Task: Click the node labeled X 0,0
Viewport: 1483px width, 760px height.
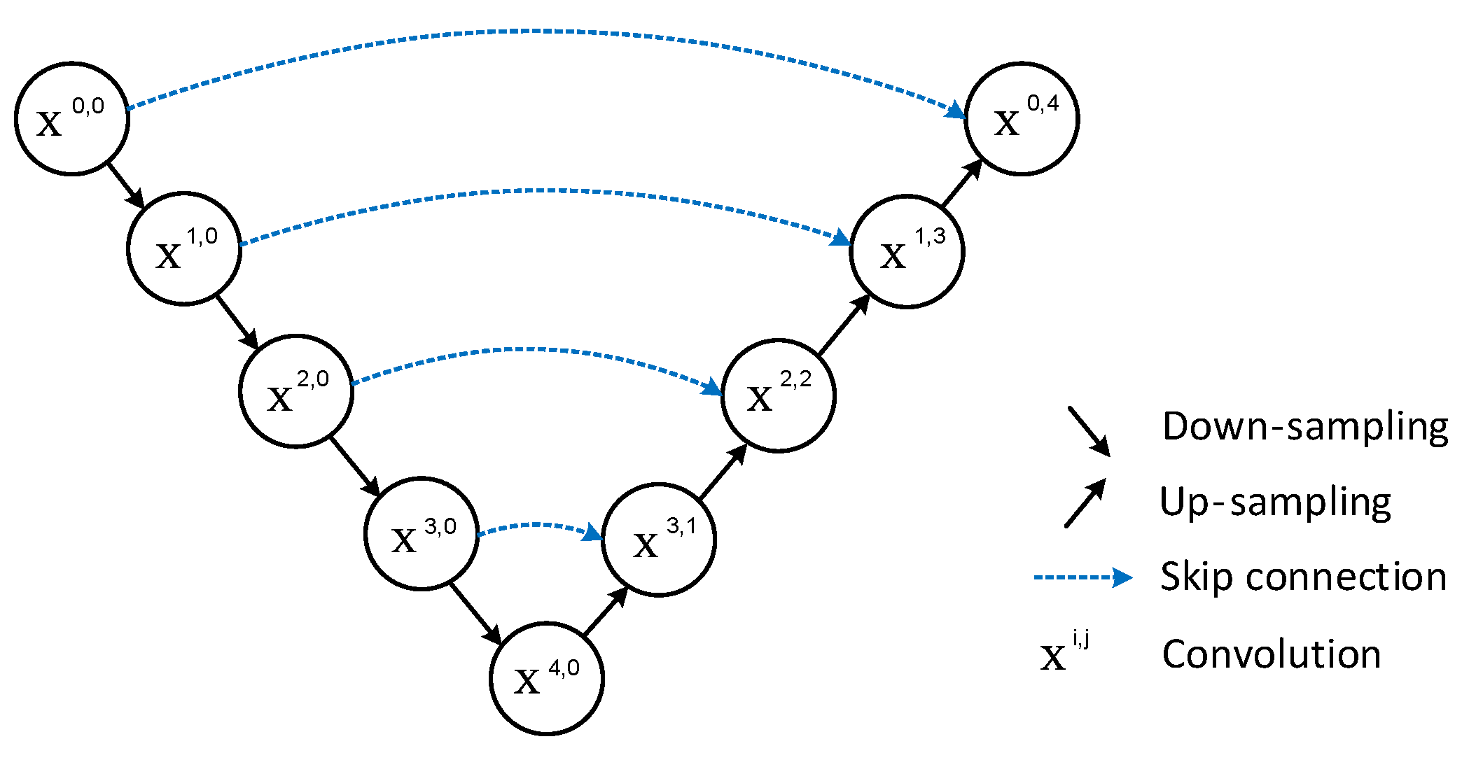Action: point(72,118)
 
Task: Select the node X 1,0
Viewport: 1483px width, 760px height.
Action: point(184,248)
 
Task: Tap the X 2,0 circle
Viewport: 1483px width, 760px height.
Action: point(296,391)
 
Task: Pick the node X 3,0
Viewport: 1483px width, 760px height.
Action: point(422,534)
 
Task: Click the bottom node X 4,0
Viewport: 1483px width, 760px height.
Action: point(546,678)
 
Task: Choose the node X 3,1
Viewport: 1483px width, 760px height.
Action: point(659,540)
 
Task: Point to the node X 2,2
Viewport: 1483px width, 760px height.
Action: point(779,395)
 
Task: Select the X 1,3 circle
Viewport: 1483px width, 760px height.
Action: point(907,251)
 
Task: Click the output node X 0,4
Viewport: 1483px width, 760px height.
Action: point(1022,118)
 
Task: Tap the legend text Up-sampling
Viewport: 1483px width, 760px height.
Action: point(1275,502)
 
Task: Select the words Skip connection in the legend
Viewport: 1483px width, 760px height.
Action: point(1303,577)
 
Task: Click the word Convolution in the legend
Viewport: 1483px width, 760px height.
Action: point(1271,654)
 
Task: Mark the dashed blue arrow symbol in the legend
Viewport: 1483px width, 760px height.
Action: point(1082,577)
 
